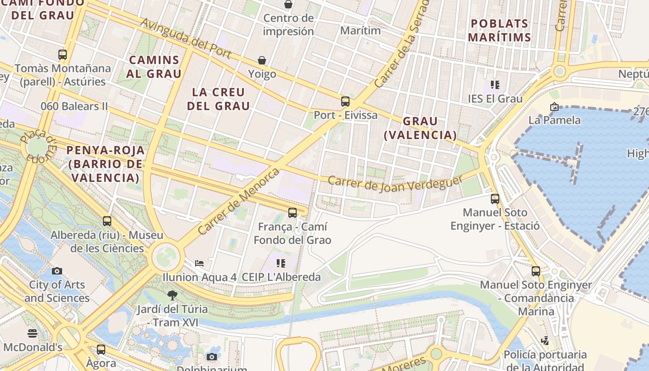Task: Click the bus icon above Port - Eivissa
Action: pyautogui.click(x=345, y=102)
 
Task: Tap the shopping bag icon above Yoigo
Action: pyautogui.click(x=262, y=60)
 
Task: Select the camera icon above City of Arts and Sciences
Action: pyautogui.click(x=57, y=271)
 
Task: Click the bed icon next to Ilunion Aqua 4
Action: pyautogui.click(x=199, y=263)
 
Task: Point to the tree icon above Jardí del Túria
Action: pyautogui.click(x=172, y=295)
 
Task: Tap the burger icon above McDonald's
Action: pyautogui.click(x=32, y=333)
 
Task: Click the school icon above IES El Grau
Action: pyautogui.click(x=495, y=85)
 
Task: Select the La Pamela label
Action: pyautogui.click(x=554, y=120)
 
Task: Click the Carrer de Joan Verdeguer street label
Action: pyautogui.click(x=395, y=183)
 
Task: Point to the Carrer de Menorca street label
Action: pyautogui.click(x=239, y=201)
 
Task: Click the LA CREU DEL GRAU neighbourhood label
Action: pyautogui.click(x=218, y=99)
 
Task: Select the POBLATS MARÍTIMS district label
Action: pyautogui.click(x=499, y=30)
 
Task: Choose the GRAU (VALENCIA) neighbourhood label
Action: pyautogui.click(x=420, y=128)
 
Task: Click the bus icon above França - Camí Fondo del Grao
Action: pyautogui.click(x=292, y=213)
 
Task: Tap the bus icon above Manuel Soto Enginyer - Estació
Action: pyautogui.click(x=495, y=199)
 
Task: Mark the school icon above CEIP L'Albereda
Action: pyautogui.click(x=280, y=263)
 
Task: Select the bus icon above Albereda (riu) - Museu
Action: pyautogui.click(x=107, y=221)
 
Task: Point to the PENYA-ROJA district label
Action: pyautogui.click(x=105, y=164)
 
